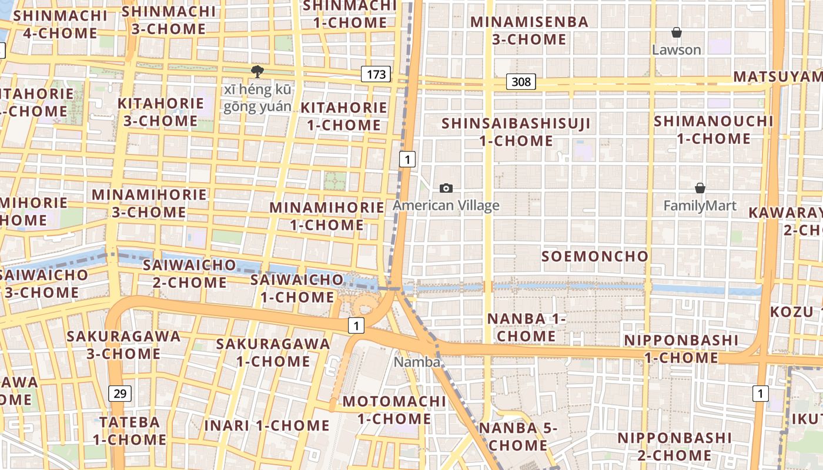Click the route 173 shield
376,74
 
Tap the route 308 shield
521,82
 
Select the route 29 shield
119,393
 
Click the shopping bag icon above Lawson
677,32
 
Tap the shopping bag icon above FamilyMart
700,188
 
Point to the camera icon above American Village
446,188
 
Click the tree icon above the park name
257,72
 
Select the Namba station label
417,362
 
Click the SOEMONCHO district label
594,256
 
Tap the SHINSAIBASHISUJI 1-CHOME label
516,132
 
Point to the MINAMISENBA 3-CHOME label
529,31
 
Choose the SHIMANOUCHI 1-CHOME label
714,130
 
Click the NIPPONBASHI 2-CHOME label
666,446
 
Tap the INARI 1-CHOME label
267,425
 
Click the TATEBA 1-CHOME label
129,431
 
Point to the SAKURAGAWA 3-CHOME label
123,345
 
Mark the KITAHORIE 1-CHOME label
344,116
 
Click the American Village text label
446,206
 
